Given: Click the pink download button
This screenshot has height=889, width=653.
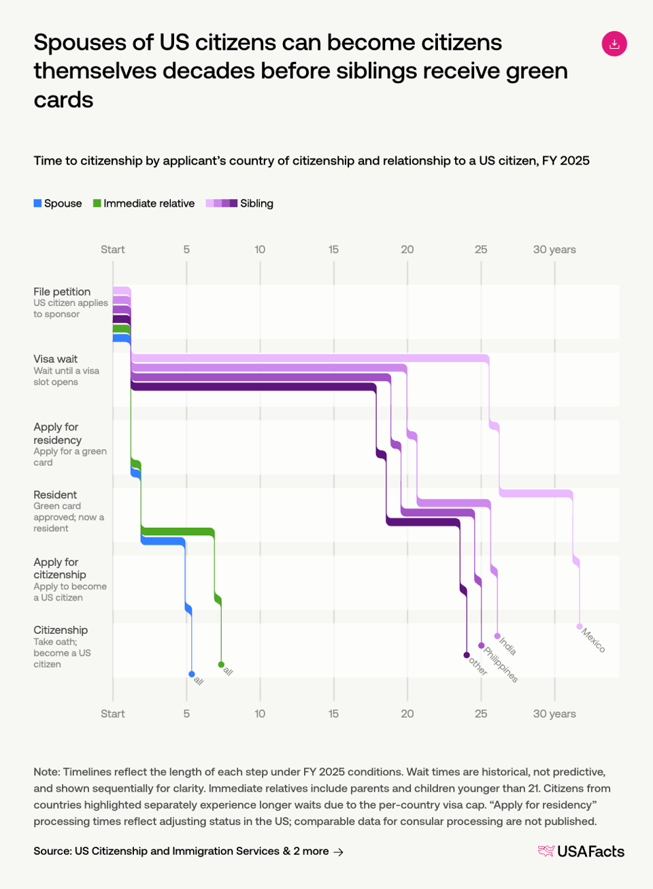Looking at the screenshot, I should [x=614, y=44].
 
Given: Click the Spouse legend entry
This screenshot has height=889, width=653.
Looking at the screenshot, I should [x=58, y=203].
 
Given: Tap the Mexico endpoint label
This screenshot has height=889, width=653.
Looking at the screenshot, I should [x=593, y=640].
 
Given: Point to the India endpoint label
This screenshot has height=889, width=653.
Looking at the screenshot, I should [x=508, y=645].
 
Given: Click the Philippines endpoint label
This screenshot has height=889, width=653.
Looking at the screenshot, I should [x=501, y=665].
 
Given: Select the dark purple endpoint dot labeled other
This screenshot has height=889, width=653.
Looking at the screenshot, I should [x=467, y=655].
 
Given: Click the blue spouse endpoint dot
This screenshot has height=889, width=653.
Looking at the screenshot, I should [x=192, y=674].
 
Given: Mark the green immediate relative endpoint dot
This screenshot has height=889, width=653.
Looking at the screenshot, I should [x=221, y=665].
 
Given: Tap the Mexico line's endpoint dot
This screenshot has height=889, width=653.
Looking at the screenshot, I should [x=580, y=626].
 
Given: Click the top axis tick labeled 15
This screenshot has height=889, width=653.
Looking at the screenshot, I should [x=333, y=250].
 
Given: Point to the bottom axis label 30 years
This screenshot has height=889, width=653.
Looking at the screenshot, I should [x=554, y=714].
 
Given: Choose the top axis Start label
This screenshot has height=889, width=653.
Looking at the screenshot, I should [x=113, y=250].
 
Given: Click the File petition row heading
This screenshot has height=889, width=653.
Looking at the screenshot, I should [x=62, y=292].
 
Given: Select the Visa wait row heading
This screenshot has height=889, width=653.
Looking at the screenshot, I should [x=56, y=359].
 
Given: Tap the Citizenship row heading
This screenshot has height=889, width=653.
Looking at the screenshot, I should [x=61, y=630].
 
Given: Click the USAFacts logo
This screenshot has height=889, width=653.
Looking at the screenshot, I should [x=582, y=851].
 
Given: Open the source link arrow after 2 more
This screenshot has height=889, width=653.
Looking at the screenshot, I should [x=339, y=852].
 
